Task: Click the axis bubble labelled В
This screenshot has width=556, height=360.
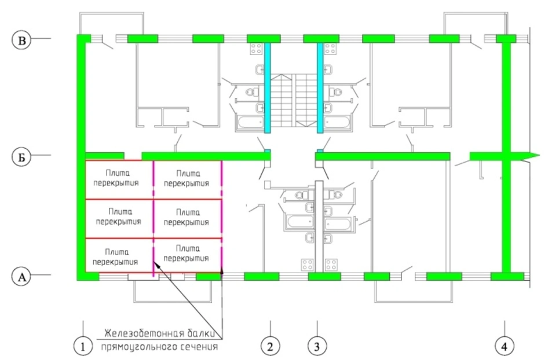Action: [x=21, y=40]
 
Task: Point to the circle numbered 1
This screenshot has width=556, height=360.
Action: [x=83, y=346]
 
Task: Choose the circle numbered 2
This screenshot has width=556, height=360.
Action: [x=270, y=346]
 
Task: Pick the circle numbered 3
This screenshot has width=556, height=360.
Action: [x=317, y=346]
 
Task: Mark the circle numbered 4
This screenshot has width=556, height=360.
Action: [x=504, y=346]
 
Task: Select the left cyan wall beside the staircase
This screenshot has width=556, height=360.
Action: [x=268, y=88]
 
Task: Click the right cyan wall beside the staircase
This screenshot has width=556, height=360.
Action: [x=320, y=88]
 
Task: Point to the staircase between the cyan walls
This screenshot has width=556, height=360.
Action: [x=294, y=100]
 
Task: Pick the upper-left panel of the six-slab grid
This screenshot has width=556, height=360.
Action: [x=119, y=180]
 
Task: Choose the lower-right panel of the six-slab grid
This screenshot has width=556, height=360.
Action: [x=188, y=255]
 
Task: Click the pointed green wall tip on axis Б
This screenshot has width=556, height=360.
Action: [x=535, y=155]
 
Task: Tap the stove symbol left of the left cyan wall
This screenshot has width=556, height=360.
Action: [x=256, y=49]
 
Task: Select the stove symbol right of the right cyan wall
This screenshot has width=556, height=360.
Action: [x=330, y=49]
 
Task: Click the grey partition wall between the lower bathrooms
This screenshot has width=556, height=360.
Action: [x=319, y=227]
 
